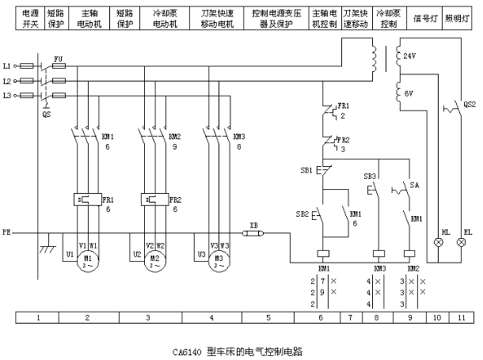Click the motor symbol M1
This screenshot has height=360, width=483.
(x=89, y=262)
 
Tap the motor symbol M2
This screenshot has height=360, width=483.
(x=155, y=262)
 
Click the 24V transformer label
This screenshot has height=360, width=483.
(x=409, y=57)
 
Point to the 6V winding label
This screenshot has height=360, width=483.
(x=409, y=93)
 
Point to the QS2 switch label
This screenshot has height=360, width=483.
(x=470, y=104)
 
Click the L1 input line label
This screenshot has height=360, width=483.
(x=7, y=64)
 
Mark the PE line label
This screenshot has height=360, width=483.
(x=7, y=233)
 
